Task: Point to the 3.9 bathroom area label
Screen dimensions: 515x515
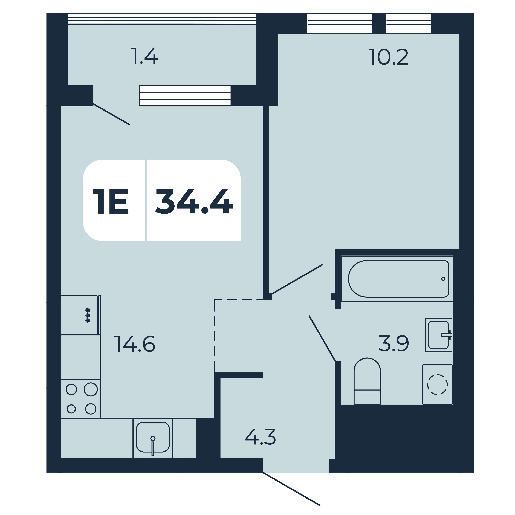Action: (394, 344)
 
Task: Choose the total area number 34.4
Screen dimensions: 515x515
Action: (194, 201)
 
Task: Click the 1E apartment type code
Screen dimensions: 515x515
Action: (111, 201)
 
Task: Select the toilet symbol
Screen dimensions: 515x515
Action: (367, 381)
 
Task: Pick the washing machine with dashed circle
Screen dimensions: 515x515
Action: (437, 384)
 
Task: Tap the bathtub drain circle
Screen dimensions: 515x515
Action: (443, 279)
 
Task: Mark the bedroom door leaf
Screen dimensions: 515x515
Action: (297, 279)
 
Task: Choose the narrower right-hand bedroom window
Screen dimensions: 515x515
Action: (408, 24)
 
